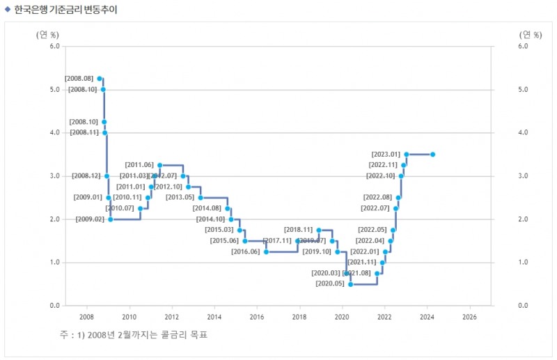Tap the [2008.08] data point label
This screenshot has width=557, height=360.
click(79, 79)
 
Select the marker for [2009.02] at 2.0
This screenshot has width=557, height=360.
click(110, 219)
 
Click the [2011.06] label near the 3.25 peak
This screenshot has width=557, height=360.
click(139, 165)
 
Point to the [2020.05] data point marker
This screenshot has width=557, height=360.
click(351, 284)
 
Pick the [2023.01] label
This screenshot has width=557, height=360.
click(386, 154)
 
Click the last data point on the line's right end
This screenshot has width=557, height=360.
click(432, 154)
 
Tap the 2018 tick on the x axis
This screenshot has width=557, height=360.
click(299, 316)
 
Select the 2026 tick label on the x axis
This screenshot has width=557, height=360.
click(469, 316)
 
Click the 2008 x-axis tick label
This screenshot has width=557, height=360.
click(87, 316)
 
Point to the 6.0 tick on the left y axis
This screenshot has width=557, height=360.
click(54, 47)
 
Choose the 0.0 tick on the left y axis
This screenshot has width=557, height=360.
click(54, 306)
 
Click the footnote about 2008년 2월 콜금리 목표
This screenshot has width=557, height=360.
click(133, 335)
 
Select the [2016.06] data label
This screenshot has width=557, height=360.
click(245, 251)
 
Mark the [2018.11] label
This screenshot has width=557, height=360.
click(298, 230)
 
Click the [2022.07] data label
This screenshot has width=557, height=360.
click(375, 208)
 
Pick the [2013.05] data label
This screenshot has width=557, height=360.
click(180, 198)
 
